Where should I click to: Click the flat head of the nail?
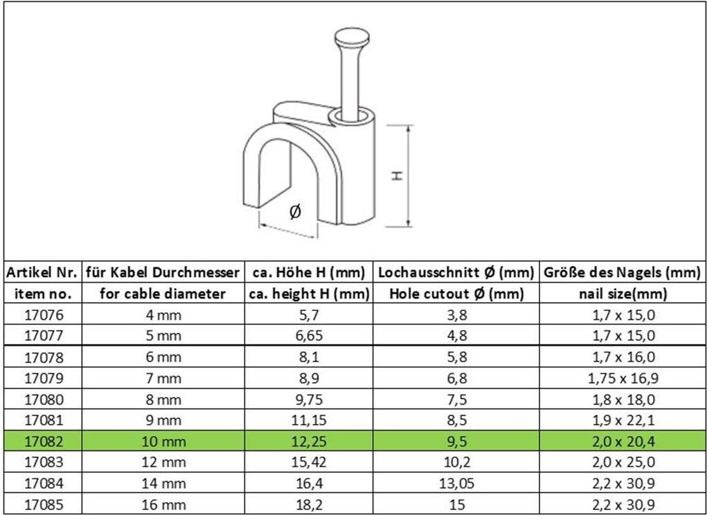point(352,37)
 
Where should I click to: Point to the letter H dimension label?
point(397,176)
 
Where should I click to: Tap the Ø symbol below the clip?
point(295,211)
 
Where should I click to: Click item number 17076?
point(44,315)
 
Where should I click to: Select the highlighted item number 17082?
point(44,441)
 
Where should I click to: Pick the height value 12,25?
point(309,441)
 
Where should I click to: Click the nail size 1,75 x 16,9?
point(623,378)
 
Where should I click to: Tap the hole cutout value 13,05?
point(457,483)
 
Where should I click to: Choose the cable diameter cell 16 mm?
point(163,504)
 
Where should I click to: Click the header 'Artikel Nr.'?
point(42,272)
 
